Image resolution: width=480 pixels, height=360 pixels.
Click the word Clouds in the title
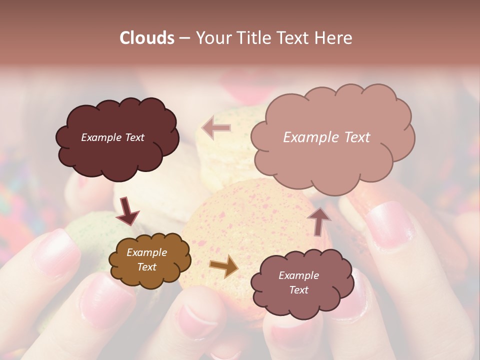(x=147, y=38)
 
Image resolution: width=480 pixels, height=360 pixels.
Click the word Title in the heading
(x=252, y=38)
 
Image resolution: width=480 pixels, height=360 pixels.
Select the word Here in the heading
(x=333, y=38)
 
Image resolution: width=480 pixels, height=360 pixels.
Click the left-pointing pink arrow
(x=216, y=127)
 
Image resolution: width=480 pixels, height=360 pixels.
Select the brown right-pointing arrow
(x=224, y=266)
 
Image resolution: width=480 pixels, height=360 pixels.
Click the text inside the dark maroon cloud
(x=112, y=137)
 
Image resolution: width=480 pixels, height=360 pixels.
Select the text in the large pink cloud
(x=326, y=137)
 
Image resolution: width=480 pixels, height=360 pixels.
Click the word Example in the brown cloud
(x=146, y=252)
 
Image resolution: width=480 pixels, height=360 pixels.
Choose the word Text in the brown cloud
(x=146, y=267)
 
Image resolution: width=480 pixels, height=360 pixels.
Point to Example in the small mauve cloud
(x=298, y=275)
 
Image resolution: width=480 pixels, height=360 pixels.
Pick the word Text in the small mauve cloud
(x=298, y=290)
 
